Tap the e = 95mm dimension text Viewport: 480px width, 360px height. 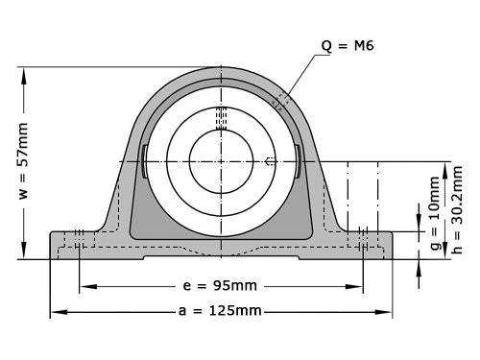click(x=220, y=286)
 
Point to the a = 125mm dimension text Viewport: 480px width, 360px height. click(x=220, y=312)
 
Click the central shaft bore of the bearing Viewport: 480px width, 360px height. click(x=220, y=160)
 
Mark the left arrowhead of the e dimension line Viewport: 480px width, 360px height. click(x=84, y=286)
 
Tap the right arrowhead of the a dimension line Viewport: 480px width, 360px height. click(x=387, y=312)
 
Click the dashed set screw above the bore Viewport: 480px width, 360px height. click(x=220, y=116)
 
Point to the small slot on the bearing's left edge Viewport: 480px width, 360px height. click(x=143, y=160)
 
